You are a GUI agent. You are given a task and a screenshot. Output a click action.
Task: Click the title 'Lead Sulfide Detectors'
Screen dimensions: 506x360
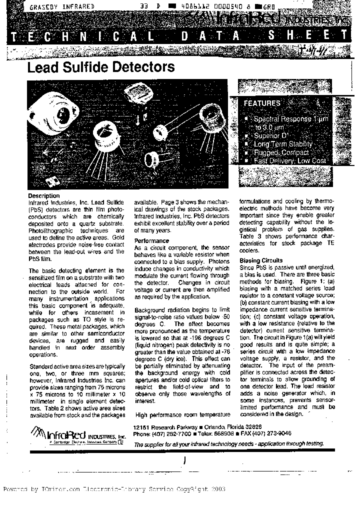(x=101, y=67)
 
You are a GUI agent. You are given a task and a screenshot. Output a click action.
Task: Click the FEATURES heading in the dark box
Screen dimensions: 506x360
(x=261, y=103)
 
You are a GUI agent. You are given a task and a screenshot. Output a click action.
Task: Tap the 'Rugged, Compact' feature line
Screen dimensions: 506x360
(x=281, y=152)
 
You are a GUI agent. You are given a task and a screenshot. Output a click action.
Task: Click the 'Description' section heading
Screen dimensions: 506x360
(x=43, y=195)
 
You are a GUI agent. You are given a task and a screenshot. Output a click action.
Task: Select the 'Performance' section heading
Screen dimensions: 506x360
(x=152, y=241)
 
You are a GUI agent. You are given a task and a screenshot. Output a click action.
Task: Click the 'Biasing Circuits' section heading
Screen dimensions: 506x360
(x=261, y=260)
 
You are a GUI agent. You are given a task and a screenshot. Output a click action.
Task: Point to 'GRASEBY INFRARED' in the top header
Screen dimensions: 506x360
(x=62, y=7)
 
